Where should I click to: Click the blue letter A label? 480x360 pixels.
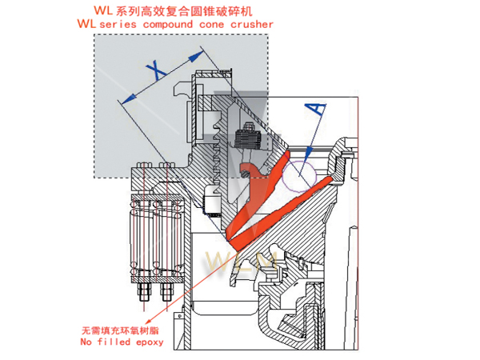[x=316, y=107]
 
